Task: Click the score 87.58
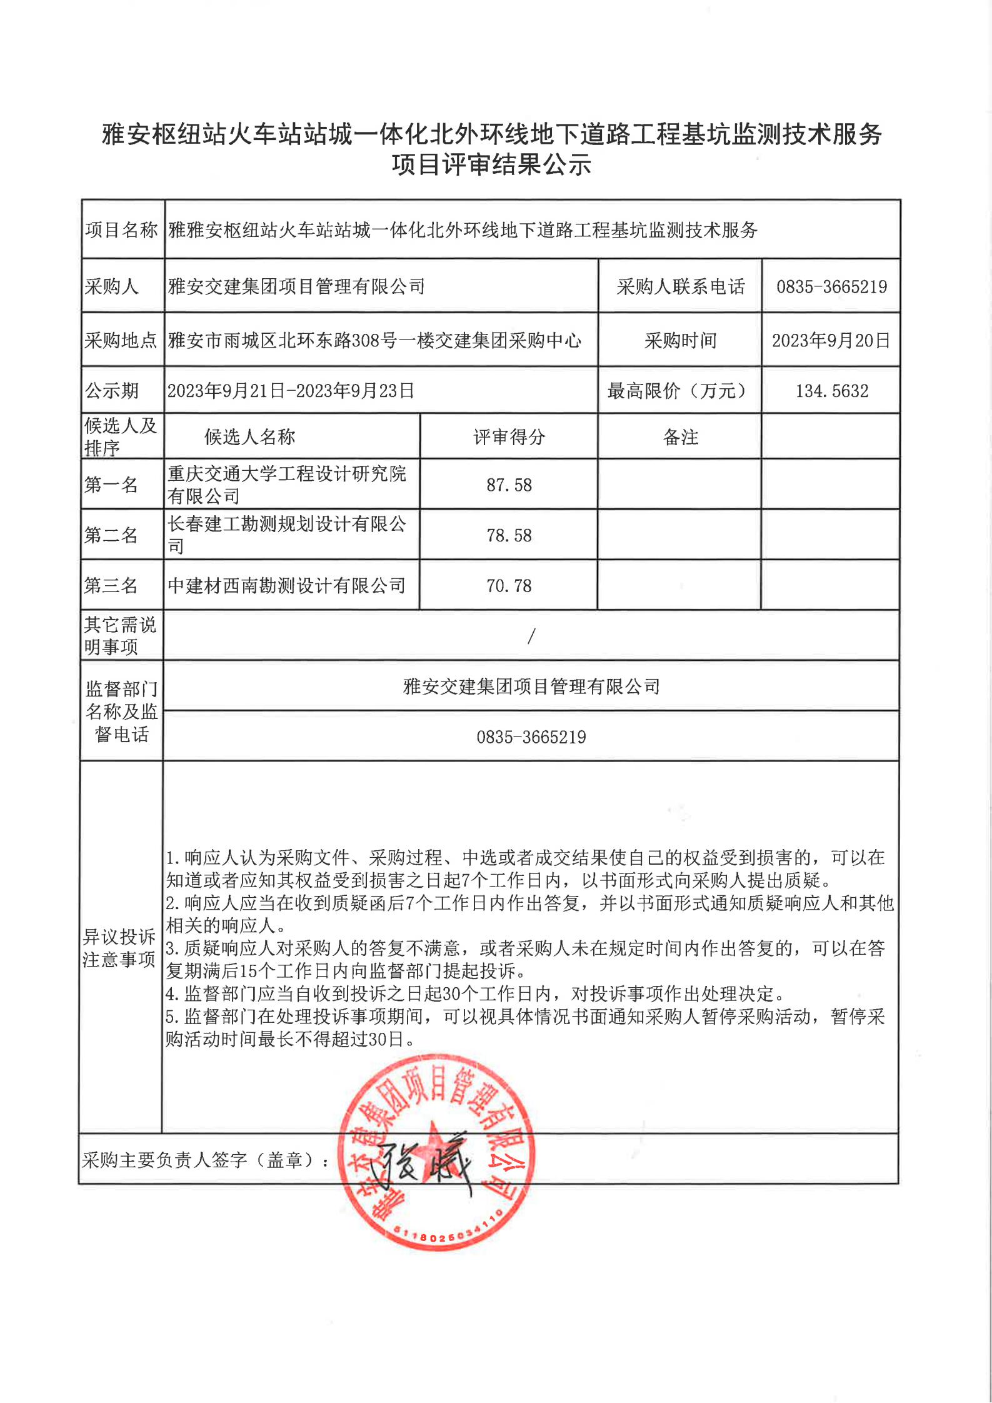click(x=509, y=485)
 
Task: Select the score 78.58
click(x=509, y=535)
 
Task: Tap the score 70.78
click(x=509, y=586)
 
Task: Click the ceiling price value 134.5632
click(x=831, y=391)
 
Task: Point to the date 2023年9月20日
click(x=831, y=341)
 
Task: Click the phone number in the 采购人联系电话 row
click(x=831, y=287)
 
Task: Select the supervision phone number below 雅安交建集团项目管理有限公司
click(x=531, y=737)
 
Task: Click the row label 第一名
click(x=111, y=485)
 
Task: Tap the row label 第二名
click(x=111, y=535)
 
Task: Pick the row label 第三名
click(x=111, y=586)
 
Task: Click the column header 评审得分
click(x=509, y=437)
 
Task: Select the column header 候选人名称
click(x=249, y=437)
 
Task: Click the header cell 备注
click(x=680, y=437)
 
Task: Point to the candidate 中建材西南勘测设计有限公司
click(x=287, y=586)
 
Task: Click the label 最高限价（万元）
click(x=679, y=391)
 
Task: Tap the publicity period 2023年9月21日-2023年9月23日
click(x=291, y=391)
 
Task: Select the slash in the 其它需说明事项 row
click(x=531, y=636)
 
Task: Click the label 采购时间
click(x=680, y=341)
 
